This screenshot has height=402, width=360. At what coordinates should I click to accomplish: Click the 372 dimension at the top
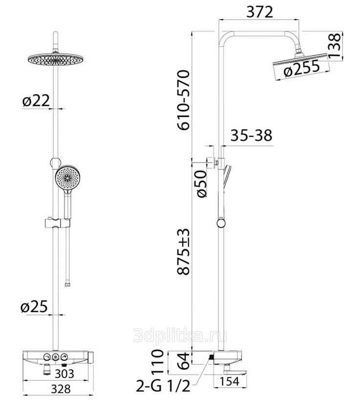(x=259, y=12)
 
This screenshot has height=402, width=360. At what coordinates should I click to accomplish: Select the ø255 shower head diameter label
(x=302, y=68)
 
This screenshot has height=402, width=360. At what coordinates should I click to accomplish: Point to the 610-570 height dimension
(x=184, y=100)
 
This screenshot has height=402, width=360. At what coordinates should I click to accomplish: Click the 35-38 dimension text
(x=251, y=135)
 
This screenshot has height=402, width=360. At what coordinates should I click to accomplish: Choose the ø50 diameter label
(x=202, y=184)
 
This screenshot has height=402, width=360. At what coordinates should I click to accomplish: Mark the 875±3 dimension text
(x=184, y=251)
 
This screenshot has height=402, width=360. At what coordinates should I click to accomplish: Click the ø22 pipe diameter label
(x=36, y=101)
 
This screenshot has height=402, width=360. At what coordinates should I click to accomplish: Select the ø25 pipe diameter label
(x=34, y=306)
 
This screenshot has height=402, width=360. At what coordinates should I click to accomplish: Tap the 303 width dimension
(x=64, y=374)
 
